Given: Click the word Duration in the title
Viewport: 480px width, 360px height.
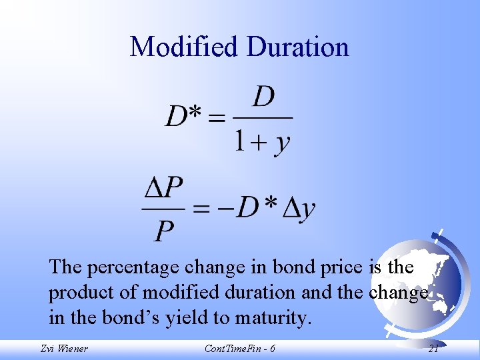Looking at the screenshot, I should pyautogui.click(x=297, y=47).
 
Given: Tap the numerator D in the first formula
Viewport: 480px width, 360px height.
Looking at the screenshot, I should pyautogui.click(x=263, y=97).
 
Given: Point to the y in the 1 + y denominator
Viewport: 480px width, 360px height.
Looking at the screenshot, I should pyautogui.click(x=282, y=143).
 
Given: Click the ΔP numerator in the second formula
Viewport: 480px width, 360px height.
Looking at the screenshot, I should pyautogui.click(x=164, y=189).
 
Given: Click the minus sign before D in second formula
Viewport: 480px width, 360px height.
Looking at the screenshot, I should pyautogui.click(x=225, y=209).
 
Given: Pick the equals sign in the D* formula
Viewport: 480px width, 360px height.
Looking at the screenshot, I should pyautogui.click(x=216, y=119).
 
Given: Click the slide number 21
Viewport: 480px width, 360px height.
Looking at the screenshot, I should pyautogui.click(x=433, y=348).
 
